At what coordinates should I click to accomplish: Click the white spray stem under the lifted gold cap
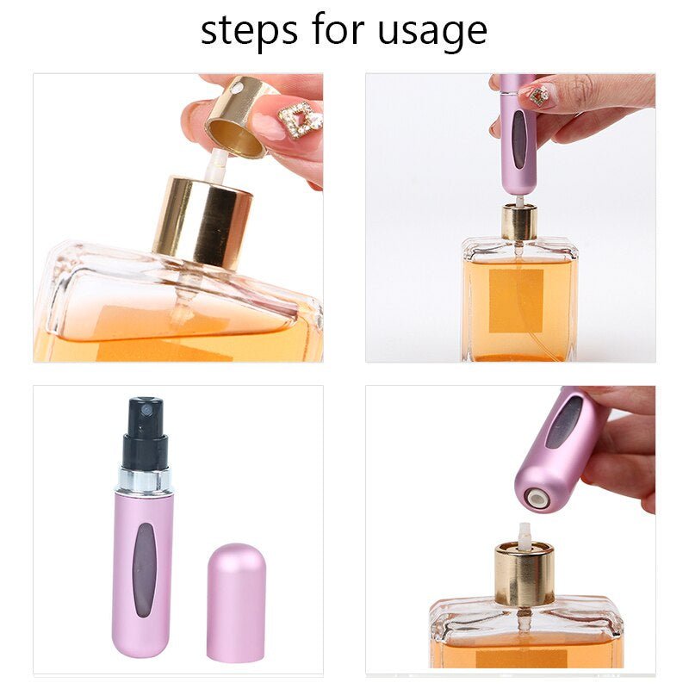tap(215, 164)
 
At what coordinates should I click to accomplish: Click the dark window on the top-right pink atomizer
tap(518, 139)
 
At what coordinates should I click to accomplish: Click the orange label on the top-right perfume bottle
tap(516, 301)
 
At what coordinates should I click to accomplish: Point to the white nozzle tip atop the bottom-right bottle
tap(524, 534)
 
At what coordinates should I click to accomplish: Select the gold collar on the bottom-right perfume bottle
tap(524, 574)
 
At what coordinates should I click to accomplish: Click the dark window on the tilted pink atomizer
tap(564, 422)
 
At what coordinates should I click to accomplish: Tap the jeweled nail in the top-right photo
tap(537, 94)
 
